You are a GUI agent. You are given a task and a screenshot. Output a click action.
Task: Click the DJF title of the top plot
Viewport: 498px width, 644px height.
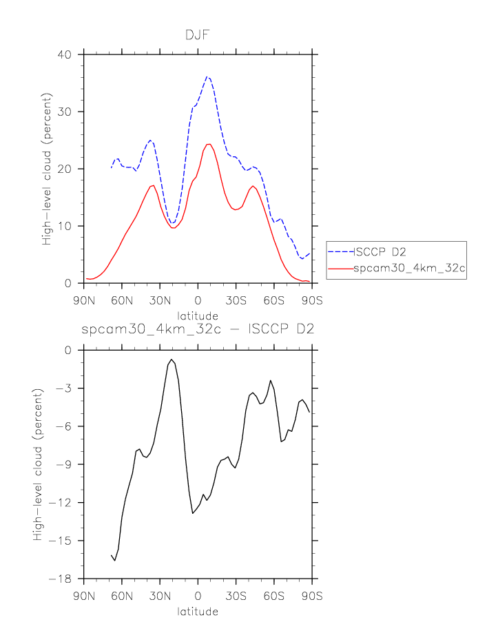click(198, 36)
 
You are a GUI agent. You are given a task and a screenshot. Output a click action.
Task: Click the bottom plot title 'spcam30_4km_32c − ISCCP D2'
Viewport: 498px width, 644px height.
click(198, 329)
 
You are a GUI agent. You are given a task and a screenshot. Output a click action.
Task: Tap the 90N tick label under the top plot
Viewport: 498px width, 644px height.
click(84, 301)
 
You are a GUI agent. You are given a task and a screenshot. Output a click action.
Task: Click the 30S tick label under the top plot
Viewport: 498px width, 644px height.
click(236, 301)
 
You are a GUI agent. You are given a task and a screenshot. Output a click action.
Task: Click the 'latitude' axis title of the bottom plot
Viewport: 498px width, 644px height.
click(198, 611)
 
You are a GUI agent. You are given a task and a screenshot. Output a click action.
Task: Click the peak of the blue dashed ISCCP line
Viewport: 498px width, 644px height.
click(207, 76)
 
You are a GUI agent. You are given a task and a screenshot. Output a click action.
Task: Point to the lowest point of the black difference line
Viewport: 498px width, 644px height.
click(115, 561)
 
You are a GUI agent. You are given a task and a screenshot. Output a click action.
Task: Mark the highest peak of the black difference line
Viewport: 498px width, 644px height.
click(171, 359)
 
